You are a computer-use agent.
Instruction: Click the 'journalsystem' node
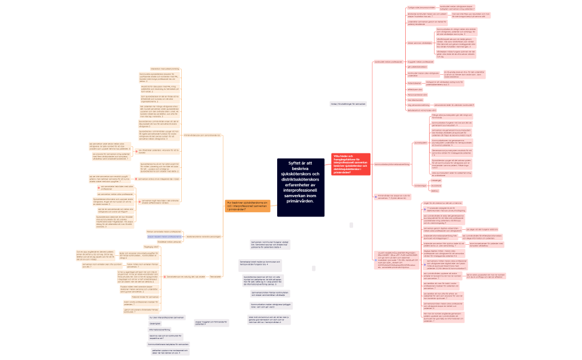(x=421, y=143)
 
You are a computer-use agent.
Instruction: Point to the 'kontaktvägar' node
(x=421, y=186)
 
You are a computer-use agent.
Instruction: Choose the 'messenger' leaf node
(x=436, y=181)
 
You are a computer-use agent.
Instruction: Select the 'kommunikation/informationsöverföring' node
(x=392, y=164)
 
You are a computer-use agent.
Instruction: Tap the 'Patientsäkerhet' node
(x=414, y=83)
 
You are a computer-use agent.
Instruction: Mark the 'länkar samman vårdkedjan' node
(x=418, y=43)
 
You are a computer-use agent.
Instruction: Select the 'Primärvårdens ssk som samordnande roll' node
(x=202, y=135)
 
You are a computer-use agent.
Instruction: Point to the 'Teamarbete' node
(x=216, y=260)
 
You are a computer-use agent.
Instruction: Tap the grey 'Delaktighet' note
(x=155, y=323)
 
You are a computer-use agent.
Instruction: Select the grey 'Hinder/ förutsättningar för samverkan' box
(x=348, y=104)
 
